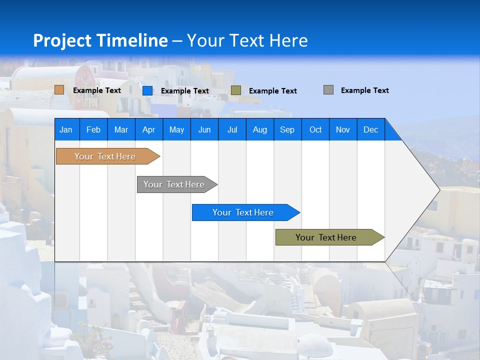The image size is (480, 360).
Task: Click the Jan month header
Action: tap(66, 129)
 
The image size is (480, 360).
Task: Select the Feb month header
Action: tap(93, 129)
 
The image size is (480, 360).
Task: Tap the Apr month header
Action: tap(148, 129)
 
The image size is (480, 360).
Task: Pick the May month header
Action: tap(176, 129)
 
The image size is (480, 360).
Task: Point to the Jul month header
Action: tap(232, 129)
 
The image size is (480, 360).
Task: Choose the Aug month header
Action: tap(260, 129)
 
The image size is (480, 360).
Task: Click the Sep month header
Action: tap(287, 129)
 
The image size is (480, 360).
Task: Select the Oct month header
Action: tap(315, 129)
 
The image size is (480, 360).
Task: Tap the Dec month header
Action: tap(371, 129)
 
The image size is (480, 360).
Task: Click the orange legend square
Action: tap(59, 90)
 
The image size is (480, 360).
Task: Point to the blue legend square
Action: tap(147, 90)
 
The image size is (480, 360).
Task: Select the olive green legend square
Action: tap(236, 90)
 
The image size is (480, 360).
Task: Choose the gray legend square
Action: tap(328, 90)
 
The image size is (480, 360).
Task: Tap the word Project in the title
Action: tap(61, 40)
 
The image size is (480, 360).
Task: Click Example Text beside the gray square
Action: tap(365, 90)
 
